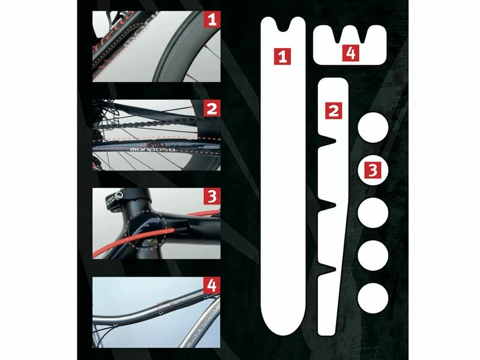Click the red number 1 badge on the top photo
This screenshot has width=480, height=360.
[x=211, y=20]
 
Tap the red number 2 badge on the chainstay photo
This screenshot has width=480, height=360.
[x=211, y=109]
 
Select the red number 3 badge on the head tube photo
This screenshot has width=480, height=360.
[x=211, y=197]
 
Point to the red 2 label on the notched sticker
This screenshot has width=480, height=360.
[x=334, y=110]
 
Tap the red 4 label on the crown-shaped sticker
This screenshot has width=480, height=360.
[x=351, y=53]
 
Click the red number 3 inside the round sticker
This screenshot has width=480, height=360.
[x=373, y=170]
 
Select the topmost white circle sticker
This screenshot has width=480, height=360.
[x=373, y=128]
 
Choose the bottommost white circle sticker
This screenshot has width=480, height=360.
[x=373, y=295]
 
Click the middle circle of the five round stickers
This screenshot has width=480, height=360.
[x=373, y=212]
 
